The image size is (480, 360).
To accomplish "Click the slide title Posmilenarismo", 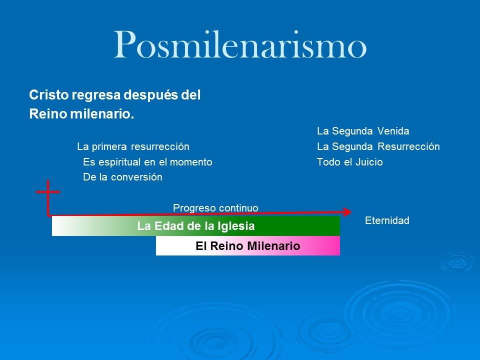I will click(240, 45).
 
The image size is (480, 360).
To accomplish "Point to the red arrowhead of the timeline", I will click(348, 212).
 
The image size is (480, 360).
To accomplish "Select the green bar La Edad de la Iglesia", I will click(196, 226).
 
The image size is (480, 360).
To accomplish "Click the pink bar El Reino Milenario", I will click(248, 246).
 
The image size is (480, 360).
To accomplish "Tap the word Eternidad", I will click(387, 220).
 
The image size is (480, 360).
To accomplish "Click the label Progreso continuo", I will click(215, 207).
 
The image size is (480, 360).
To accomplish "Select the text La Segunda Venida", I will click(363, 131).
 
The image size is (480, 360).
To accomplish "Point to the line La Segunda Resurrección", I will click(378, 147).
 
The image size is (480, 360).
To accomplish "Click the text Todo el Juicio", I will click(349, 162).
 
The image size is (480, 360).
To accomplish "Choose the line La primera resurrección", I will click(133, 147).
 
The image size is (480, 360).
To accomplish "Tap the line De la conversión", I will click(122, 177).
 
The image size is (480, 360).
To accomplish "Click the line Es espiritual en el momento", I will click(147, 162).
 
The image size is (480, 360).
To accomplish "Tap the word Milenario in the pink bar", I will click(276, 246).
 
